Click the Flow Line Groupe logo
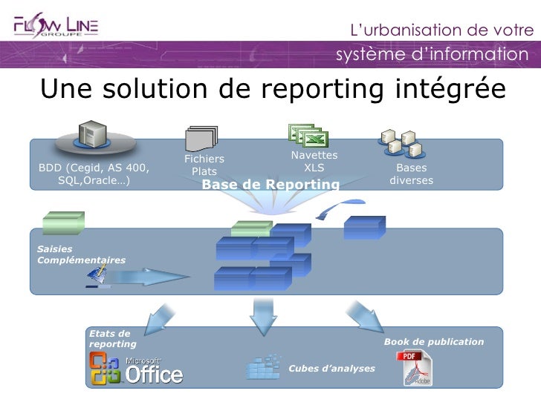point(56,27)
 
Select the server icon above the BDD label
point(93,136)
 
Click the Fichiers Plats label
point(204,165)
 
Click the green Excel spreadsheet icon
point(308,135)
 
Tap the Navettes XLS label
point(314,161)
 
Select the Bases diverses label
point(411,174)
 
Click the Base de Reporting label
point(270,184)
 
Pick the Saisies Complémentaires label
point(81,254)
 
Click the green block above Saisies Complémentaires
point(63,223)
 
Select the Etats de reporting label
point(112,339)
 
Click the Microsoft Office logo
point(136,368)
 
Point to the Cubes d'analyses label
point(331,368)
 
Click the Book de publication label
point(433,341)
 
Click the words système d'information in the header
point(430,55)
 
